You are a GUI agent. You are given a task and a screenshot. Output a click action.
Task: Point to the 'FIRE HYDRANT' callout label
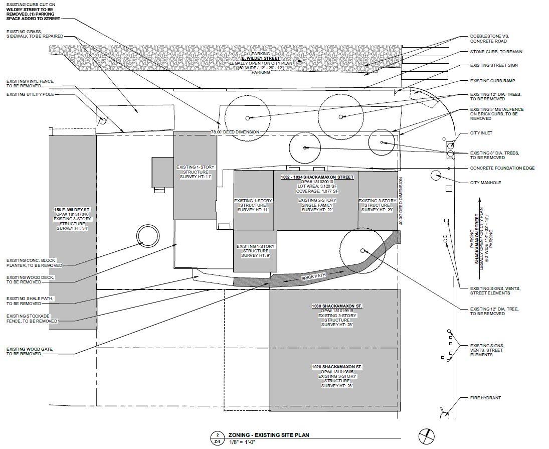(x=485, y=398)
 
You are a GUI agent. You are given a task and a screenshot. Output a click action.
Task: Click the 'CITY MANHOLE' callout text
(x=486, y=183)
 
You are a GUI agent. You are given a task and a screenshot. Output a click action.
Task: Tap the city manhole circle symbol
(x=436, y=175)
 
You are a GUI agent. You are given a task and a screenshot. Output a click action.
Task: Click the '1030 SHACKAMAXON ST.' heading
(x=337, y=306)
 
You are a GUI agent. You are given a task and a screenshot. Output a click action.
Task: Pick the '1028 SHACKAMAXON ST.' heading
(x=337, y=367)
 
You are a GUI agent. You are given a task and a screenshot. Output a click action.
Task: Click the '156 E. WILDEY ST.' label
(x=73, y=209)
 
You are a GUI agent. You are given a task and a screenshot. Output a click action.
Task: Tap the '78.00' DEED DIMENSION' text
(x=235, y=132)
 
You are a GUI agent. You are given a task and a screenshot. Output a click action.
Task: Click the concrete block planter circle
(x=146, y=235)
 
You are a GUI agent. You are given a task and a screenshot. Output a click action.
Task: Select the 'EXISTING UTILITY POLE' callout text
(x=30, y=94)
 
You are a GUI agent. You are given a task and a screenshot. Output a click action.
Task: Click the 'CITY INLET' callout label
(x=481, y=133)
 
